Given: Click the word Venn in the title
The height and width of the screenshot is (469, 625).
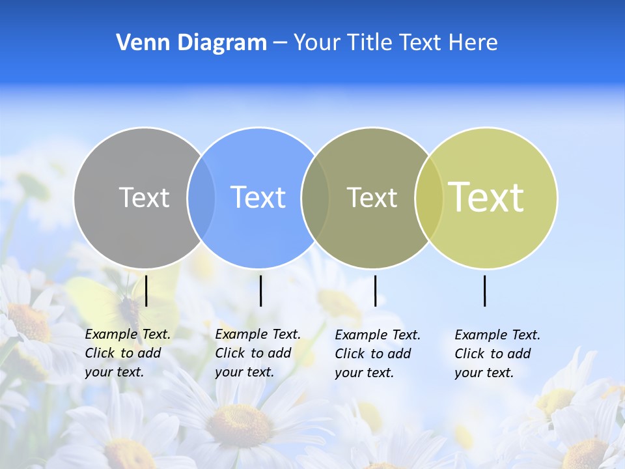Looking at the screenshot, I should point(136,43).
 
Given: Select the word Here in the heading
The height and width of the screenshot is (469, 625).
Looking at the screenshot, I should point(473,43).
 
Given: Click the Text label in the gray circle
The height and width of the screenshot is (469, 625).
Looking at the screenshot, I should point(144,197).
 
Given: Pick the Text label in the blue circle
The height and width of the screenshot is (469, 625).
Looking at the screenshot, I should point(258,197).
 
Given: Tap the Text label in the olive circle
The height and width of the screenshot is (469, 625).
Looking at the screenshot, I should point(372,197).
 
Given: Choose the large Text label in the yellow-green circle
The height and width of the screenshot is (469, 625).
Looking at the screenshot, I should point(486,197).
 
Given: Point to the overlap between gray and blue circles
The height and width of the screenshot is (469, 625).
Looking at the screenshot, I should point(201,198).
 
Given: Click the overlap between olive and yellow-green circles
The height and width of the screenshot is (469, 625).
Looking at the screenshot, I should point(429,198).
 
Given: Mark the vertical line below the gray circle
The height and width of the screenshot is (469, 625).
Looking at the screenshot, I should point(146,291).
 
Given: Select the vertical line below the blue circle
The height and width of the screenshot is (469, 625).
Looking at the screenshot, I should point(260,291).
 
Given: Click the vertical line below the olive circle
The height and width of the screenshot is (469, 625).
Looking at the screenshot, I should point(375,291).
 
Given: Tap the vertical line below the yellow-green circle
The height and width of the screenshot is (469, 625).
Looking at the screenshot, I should point(485,291).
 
